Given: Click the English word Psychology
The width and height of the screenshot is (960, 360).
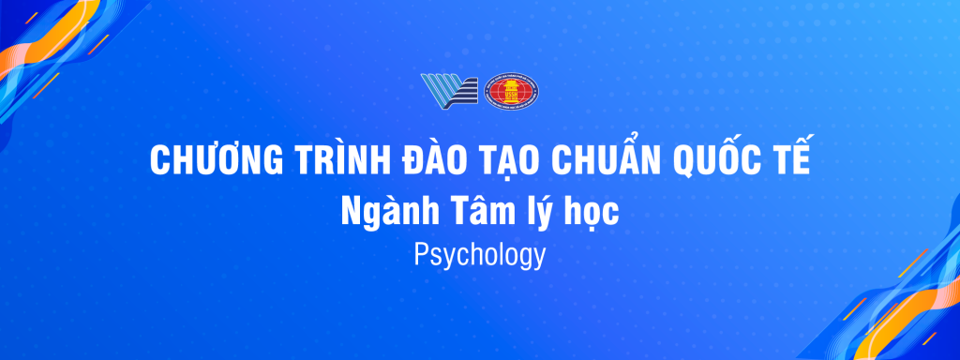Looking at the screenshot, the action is pyautogui.click(x=479, y=255).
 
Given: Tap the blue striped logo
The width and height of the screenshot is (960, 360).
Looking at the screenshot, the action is pyautogui.click(x=449, y=92).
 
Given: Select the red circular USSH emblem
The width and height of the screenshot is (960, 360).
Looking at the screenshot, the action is pyautogui.click(x=511, y=92).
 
